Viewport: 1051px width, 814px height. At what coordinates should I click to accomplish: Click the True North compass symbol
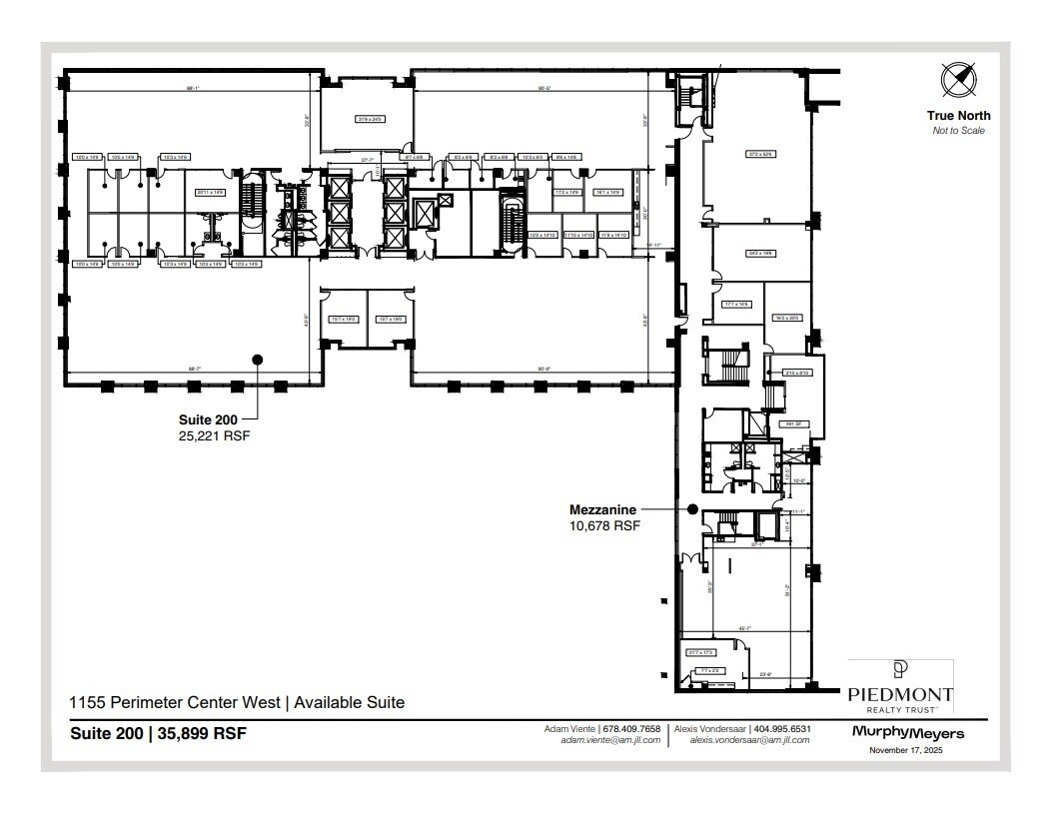(x=957, y=79)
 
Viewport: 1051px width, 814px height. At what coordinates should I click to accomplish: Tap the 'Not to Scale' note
(x=958, y=131)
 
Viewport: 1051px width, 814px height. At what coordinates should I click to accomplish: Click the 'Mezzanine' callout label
(x=602, y=509)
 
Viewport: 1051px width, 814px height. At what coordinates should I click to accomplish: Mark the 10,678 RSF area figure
(x=603, y=524)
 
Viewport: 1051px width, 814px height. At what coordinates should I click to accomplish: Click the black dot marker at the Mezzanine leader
(x=692, y=509)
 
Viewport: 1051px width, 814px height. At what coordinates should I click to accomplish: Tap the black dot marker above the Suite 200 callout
(x=257, y=360)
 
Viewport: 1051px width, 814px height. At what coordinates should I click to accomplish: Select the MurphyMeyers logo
(x=908, y=733)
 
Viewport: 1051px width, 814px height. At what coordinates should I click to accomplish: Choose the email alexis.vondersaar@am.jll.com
(x=742, y=740)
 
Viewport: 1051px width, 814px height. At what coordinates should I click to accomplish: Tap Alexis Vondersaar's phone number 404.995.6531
(x=780, y=728)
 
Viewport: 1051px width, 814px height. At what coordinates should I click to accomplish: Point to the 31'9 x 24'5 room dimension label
(x=370, y=119)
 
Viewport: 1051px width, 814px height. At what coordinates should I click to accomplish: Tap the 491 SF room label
(x=787, y=423)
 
